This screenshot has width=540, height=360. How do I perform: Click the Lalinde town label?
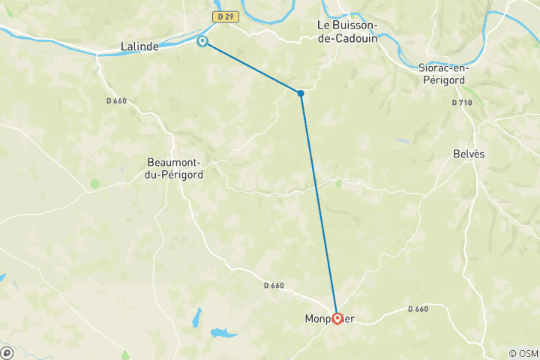tap(139, 46)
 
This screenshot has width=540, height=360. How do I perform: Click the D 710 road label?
tap(463, 102)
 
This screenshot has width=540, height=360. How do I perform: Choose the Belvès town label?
tap(469, 154)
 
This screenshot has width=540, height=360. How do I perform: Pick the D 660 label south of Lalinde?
tap(116, 100)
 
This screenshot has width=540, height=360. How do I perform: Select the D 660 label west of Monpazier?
tap(274, 285)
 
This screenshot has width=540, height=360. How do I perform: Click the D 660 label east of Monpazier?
tap(418, 309)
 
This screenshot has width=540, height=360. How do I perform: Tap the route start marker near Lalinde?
tap(202, 41)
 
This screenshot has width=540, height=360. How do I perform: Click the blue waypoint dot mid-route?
tap(300, 93)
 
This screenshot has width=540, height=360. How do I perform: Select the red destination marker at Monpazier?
tap(337, 318)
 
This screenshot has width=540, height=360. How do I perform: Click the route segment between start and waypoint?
tap(251, 67)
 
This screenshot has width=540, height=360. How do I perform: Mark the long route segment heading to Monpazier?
tap(318, 202)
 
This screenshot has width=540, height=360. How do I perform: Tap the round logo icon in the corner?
tap(6, 352)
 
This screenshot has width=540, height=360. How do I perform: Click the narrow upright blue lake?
tap(196, 316)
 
